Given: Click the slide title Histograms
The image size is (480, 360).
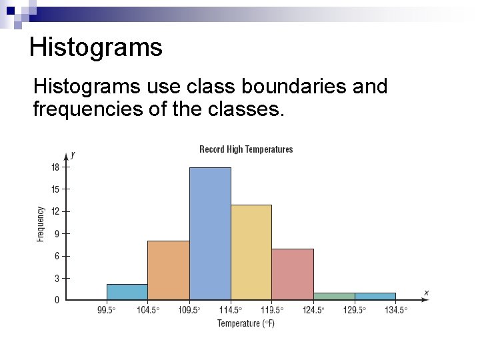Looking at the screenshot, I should point(96,47).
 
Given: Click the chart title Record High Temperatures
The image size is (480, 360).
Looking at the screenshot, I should point(246,149).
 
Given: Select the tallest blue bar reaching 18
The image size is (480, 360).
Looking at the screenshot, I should point(210,233).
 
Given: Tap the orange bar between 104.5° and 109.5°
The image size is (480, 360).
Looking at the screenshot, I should point(169,270).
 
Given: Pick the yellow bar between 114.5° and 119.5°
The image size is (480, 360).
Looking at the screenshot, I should point(251,252).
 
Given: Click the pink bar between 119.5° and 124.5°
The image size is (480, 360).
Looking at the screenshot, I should point(293,274).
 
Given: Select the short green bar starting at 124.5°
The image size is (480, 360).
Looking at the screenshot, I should point(334,296).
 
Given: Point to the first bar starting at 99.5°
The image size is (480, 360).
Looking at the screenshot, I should point(127,292).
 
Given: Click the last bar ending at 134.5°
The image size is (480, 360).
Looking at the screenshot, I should point(375,296).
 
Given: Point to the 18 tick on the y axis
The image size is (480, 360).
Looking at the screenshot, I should point(55,167).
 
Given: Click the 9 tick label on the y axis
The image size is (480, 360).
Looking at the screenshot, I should point(56,234).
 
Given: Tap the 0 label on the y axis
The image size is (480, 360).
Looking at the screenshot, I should point(57,301).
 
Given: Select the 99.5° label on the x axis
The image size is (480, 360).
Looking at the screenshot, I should point(107,310).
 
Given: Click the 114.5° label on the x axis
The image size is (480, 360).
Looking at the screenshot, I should point(231,310).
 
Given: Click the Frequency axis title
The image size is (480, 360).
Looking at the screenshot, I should point(41,223).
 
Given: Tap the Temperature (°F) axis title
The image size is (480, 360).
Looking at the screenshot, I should point(246,324).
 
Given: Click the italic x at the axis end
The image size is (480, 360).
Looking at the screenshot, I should point(426,292).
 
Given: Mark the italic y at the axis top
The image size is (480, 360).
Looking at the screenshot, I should point(73,154).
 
